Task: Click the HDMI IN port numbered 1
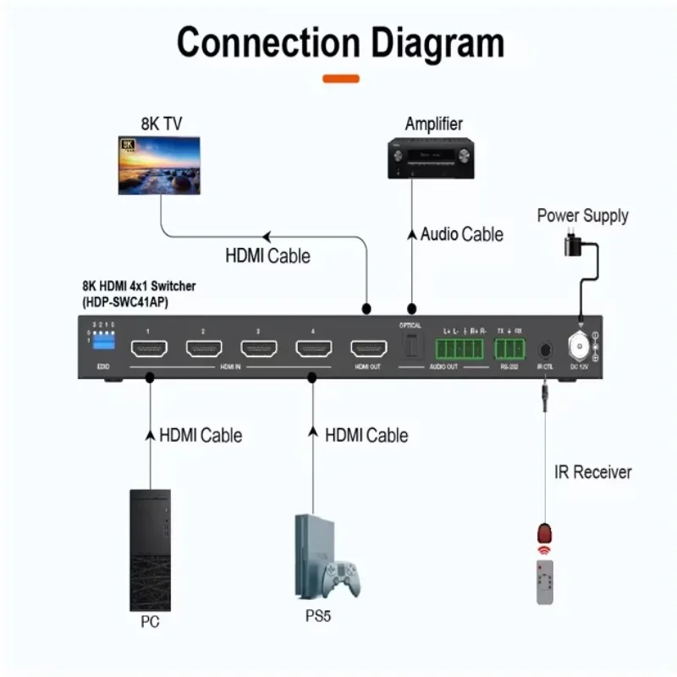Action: click(x=148, y=350)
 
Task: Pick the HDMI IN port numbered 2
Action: click(x=203, y=350)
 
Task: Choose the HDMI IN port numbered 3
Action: click(x=258, y=350)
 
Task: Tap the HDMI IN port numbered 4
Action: click(x=313, y=350)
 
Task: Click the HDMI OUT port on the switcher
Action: click(x=368, y=350)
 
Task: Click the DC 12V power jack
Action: click(x=581, y=348)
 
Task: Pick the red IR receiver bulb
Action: click(x=544, y=534)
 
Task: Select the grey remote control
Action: click(x=546, y=585)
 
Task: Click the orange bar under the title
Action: click(x=341, y=79)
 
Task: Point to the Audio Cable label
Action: click(x=461, y=234)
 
